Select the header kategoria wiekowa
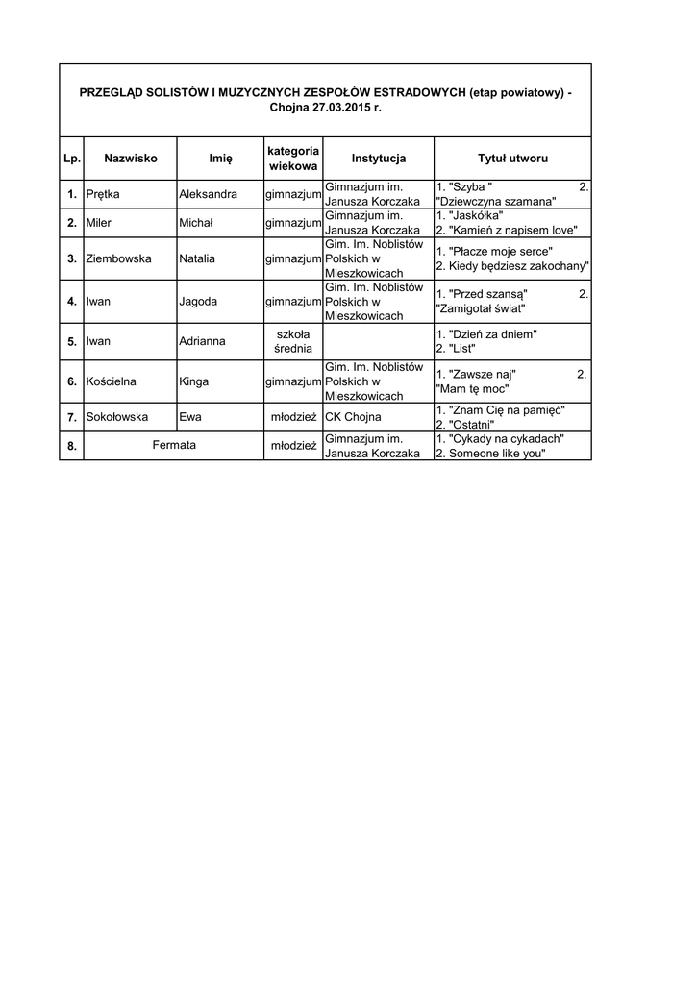[293, 159]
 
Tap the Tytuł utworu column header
[512, 159]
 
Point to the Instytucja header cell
[379, 159]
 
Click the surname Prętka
[103, 194]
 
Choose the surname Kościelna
[111, 381]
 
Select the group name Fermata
[174, 446]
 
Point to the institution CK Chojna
[353, 417]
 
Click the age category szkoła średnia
[293, 340]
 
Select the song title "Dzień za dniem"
[491, 333]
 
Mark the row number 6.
[72, 381]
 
